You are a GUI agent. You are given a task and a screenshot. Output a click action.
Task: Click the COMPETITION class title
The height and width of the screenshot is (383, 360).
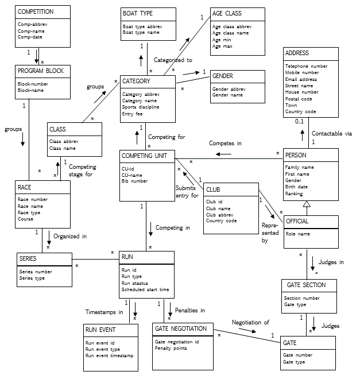coord(36,11)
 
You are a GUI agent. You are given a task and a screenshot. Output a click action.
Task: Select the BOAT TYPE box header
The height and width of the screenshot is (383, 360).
coord(138,13)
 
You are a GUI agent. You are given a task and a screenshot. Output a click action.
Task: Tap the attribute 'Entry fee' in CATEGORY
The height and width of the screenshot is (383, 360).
coord(132,114)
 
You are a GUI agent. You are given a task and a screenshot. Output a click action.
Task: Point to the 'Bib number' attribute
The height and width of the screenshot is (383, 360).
coord(134,181)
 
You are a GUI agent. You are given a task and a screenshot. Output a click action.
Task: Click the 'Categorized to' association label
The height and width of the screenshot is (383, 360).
coord(173,60)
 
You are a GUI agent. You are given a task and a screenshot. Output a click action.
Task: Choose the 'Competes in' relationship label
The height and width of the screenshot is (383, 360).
coord(225,143)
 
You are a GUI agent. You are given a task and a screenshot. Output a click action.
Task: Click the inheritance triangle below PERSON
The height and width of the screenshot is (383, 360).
coord(307,204)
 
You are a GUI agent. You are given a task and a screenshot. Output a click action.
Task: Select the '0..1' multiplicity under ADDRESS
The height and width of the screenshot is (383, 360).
coord(299,121)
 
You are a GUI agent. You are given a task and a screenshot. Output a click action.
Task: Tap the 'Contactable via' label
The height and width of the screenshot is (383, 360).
coord(332,133)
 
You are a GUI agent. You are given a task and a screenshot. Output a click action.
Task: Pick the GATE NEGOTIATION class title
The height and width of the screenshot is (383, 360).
coord(181,328)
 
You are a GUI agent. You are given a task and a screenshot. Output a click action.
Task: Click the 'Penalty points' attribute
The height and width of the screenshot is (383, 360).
coord(171,348)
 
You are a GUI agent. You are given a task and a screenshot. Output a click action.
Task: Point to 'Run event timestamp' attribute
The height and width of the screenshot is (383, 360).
coord(110,355)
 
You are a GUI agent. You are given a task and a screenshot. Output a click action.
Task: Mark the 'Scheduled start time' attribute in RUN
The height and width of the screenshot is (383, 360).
coord(145,289)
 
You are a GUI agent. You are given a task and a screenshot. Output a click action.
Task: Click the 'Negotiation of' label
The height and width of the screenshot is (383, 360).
coord(250,323)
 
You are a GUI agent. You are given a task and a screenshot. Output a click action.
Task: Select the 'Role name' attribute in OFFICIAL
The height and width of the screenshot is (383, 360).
coord(298,234)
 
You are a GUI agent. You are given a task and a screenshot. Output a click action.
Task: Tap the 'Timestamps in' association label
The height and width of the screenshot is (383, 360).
coord(104,312)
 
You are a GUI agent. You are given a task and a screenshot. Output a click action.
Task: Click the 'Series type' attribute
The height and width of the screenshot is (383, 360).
coord(32,278)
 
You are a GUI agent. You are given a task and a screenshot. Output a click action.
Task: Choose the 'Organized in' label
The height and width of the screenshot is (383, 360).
coord(70,236)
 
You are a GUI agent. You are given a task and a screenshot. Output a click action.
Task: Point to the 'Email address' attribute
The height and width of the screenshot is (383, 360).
coord(301,79)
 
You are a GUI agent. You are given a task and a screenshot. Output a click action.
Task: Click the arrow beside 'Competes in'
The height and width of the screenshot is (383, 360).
coord(223,154)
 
